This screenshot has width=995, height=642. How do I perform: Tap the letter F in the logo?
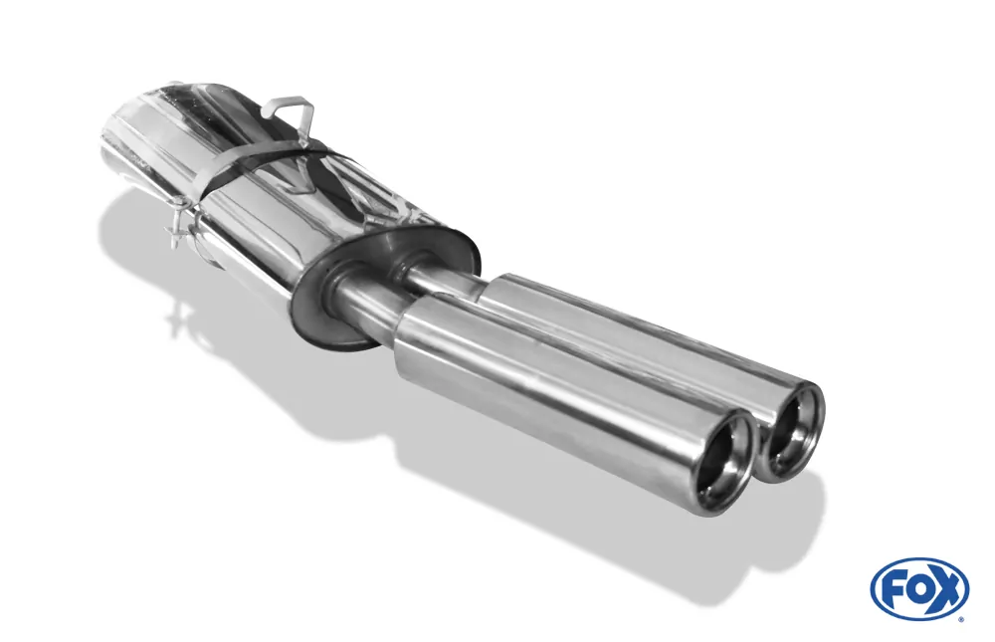(893, 588)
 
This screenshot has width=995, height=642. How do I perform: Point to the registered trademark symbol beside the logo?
(960, 618)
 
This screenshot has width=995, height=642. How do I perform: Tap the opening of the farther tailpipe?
(794, 431)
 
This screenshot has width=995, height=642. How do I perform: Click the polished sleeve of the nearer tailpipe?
(557, 398)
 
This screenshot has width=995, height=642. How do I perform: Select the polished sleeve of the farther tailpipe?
(637, 338)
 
